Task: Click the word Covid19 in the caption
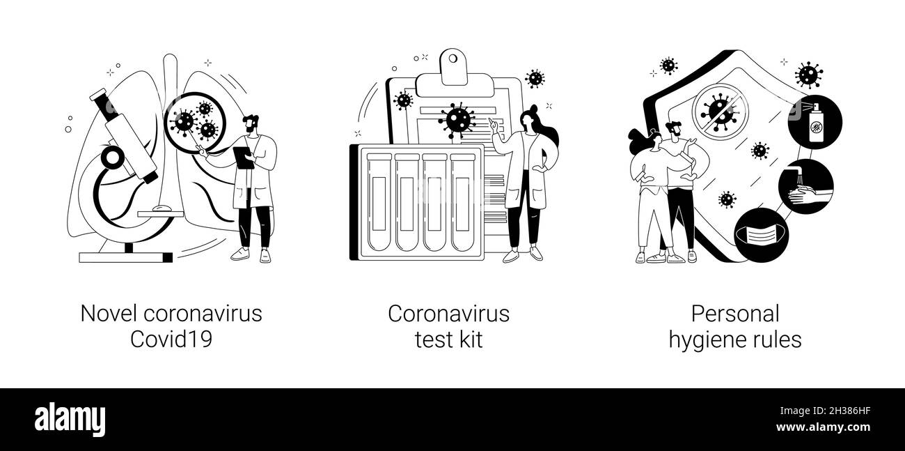click(x=171, y=339)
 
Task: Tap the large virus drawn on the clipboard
click(x=457, y=119)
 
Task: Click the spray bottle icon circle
click(x=814, y=122)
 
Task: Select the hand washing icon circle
click(x=805, y=186)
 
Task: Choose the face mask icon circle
click(x=762, y=235)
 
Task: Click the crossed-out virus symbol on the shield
click(x=719, y=112)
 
